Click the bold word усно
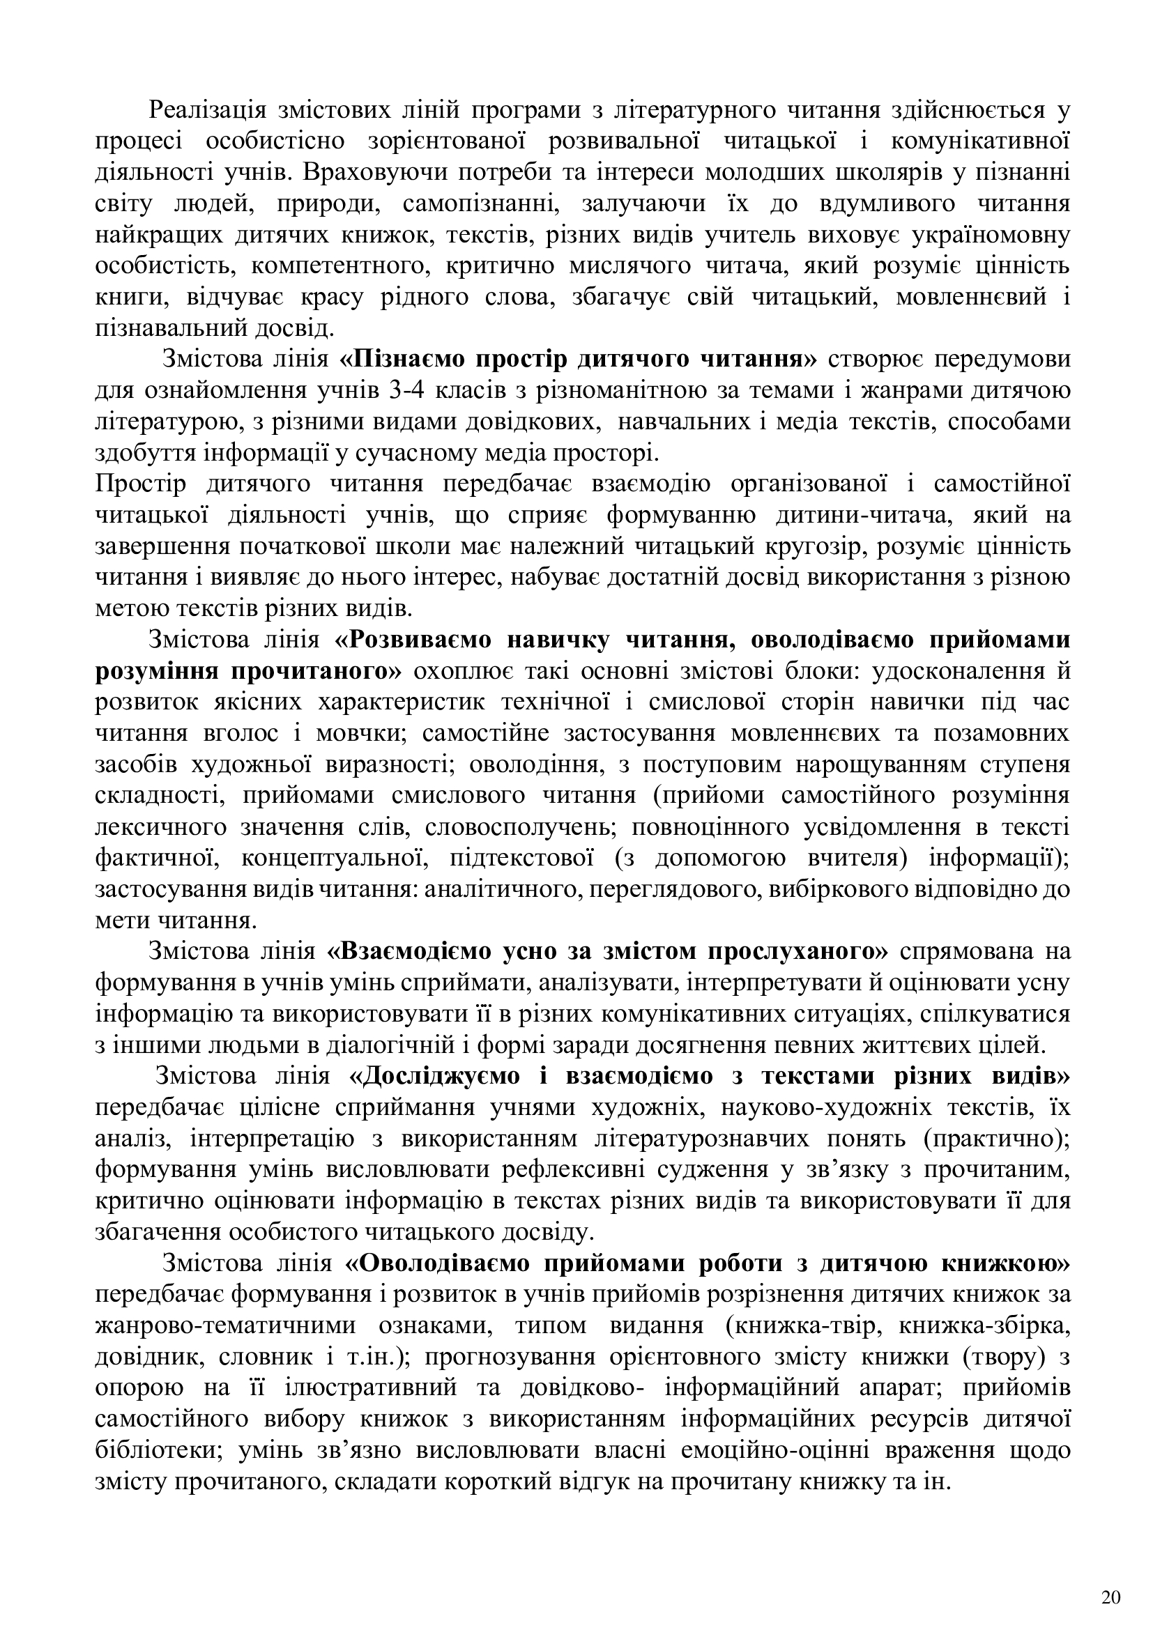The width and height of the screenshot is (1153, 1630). coord(521,951)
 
